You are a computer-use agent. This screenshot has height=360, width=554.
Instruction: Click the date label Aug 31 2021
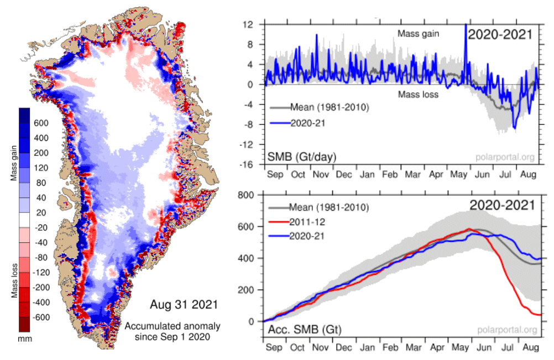(x=184, y=305)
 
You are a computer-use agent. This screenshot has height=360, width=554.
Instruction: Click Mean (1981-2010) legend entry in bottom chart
(x=318, y=208)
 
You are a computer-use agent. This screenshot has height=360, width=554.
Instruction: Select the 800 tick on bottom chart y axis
(x=245, y=194)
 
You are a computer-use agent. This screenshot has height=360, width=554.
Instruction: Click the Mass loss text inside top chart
(x=419, y=94)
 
